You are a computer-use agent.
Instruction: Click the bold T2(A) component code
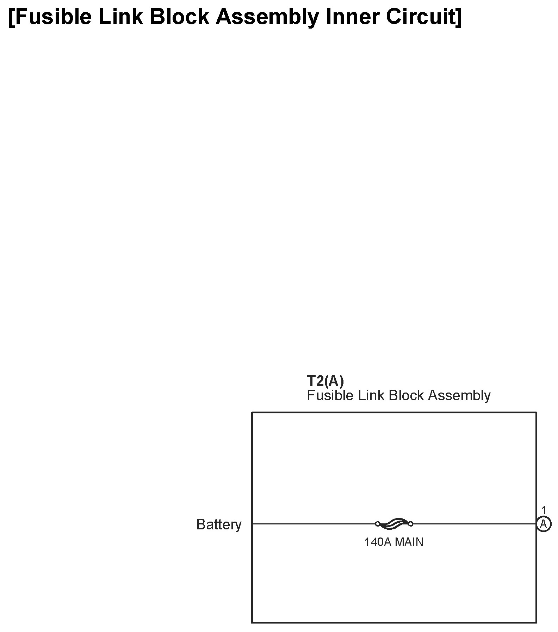coord(325,381)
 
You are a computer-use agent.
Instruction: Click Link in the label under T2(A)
coord(371,396)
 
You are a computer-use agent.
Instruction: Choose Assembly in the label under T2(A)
coord(459,396)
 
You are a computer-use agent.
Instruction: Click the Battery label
coord(219,524)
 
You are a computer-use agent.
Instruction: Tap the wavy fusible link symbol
coord(394,523)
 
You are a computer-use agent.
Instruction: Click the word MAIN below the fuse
coord(409,542)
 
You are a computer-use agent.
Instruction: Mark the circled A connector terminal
coord(544,524)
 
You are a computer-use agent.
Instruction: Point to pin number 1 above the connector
coord(544,510)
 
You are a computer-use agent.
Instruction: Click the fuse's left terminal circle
coord(378,524)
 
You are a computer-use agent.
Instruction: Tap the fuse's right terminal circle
coord(410,524)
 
